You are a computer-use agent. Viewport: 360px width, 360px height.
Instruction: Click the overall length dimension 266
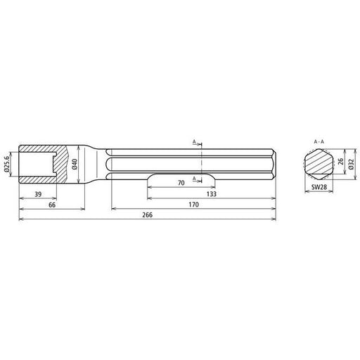coord(148,214)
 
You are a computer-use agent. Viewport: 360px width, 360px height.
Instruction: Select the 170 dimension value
coord(194,205)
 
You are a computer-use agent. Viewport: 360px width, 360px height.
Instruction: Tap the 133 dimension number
coord(212,194)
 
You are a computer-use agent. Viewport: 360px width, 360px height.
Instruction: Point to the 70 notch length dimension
coord(181,183)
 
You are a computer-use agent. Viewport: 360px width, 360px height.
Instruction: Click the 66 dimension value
coord(52,205)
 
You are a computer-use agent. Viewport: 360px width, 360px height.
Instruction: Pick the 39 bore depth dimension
coord(38,194)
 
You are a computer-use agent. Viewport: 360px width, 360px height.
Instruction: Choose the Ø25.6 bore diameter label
coord(7,164)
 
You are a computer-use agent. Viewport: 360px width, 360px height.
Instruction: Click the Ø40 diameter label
coord(75,164)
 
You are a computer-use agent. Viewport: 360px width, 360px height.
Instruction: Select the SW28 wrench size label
coord(319,187)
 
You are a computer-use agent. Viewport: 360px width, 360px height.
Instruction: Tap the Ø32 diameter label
coord(351,164)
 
